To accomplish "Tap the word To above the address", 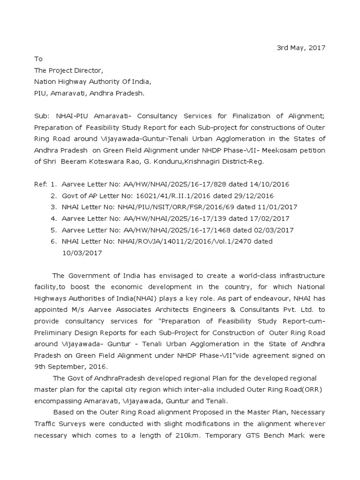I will point(38,59).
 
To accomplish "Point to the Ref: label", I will point(41,184).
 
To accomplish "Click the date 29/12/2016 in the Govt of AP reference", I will point(255,195).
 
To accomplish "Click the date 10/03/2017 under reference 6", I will point(82,253).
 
